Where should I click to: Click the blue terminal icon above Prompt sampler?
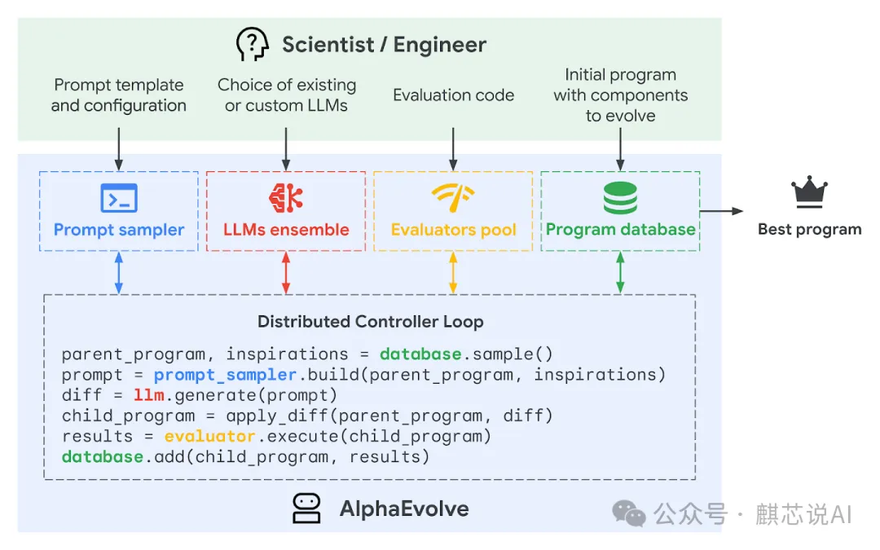(119, 198)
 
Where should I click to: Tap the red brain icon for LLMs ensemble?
(286, 197)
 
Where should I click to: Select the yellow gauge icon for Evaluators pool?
(453, 197)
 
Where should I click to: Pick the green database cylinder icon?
(620, 198)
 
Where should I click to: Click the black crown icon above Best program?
(809, 195)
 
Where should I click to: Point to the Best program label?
(809, 229)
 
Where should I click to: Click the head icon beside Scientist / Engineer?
(253, 44)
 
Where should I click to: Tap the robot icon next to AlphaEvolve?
(306, 508)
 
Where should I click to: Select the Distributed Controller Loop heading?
(370, 321)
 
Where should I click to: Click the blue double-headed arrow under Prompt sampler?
(119, 273)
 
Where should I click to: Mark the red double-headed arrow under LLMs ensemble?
(286, 273)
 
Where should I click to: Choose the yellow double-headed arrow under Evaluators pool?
(453, 273)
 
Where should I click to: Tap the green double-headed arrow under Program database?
(620, 273)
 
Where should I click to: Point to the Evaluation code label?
(453, 95)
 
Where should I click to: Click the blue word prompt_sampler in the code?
(225, 375)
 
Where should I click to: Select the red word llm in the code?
(147, 395)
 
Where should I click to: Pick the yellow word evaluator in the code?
(210, 436)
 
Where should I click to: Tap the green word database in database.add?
(103, 456)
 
